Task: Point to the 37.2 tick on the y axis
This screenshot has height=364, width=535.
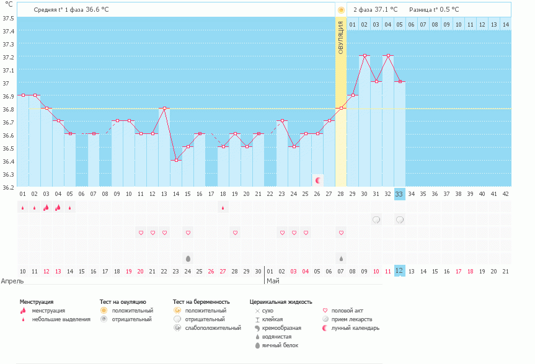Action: pos(8,57)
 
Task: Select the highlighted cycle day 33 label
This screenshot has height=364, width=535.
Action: pos(399,193)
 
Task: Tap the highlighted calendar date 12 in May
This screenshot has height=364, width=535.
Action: pos(399,271)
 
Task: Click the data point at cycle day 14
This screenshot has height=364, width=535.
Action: pos(176,161)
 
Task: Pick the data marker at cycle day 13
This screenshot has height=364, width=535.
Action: pos(164,109)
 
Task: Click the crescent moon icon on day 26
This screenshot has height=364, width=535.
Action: pos(318,180)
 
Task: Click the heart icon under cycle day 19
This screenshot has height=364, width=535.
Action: pos(235,233)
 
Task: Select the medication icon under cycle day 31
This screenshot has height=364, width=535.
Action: pos(376,220)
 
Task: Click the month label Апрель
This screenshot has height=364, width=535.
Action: pos(12,281)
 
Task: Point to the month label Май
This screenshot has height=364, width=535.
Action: pos(272,281)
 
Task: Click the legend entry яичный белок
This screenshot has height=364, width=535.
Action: pos(283,345)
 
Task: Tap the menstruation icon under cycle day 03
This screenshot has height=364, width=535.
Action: pos(46,208)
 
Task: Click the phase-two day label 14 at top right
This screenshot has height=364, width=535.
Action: pos(505,24)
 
